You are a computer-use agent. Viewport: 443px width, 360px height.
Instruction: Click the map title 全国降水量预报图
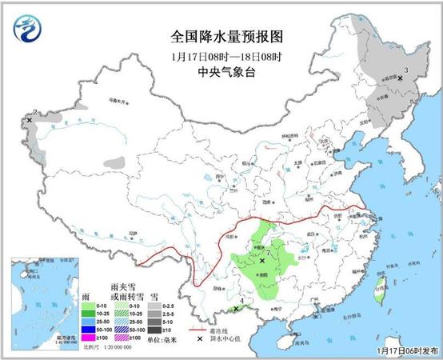click(221, 37)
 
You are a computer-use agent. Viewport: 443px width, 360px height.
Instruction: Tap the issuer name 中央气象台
click(221, 70)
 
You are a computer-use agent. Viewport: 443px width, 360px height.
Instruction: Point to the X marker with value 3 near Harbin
click(400, 78)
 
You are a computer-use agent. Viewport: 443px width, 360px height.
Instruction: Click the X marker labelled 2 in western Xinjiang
click(30, 120)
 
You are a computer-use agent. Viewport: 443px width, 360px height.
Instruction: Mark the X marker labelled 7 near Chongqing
click(261, 260)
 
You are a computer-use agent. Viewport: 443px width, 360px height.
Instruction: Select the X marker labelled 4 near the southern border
click(237, 309)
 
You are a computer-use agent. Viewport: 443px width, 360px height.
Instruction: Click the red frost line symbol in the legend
click(194, 330)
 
